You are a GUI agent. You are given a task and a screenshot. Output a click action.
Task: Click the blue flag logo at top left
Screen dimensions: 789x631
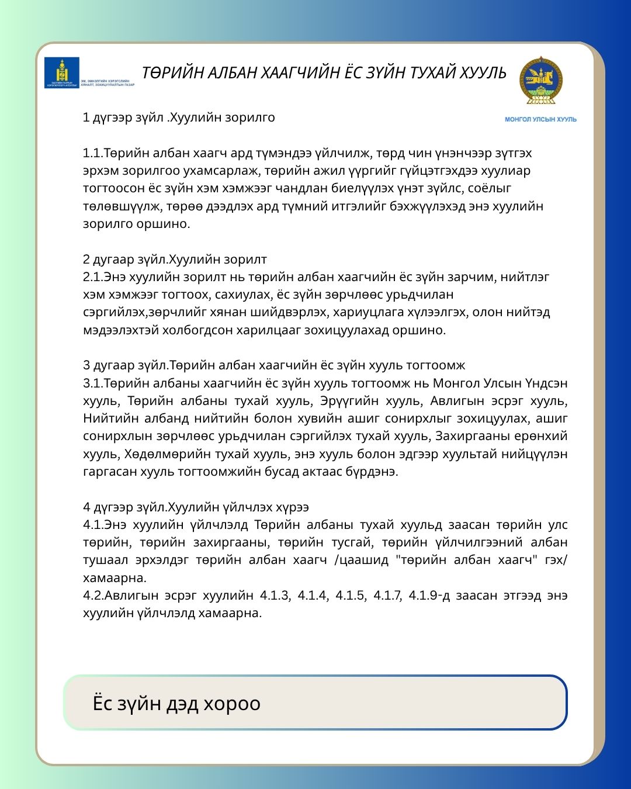click(x=62, y=72)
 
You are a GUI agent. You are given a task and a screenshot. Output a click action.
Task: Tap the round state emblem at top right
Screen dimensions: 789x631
click(x=541, y=81)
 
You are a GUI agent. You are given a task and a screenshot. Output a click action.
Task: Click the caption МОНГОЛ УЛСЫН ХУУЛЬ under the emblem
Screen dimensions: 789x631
click(x=540, y=119)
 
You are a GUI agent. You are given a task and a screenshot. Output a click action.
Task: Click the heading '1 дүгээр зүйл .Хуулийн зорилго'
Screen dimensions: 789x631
click(x=179, y=117)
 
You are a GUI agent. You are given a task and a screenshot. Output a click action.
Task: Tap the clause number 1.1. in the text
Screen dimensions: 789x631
click(x=93, y=153)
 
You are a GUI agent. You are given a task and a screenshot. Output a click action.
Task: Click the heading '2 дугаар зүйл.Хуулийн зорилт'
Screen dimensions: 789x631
click(x=175, y=259)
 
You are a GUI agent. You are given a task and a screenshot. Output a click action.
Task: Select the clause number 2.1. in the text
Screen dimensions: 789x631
click(x=93, y=277)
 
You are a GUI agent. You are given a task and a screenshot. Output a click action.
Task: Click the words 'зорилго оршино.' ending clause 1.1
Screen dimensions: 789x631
click(x=136, y=224)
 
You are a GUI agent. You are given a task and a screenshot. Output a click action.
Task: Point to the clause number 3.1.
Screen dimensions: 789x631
click(x=93, y=383)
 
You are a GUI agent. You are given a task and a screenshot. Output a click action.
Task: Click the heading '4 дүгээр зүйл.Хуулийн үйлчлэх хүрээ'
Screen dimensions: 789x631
click(x=196, y=507)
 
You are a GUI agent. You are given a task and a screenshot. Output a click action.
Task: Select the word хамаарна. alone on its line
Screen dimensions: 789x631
click(x=115, y=578)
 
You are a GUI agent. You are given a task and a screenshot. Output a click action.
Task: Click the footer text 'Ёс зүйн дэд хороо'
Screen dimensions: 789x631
click(x=176, y=703)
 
